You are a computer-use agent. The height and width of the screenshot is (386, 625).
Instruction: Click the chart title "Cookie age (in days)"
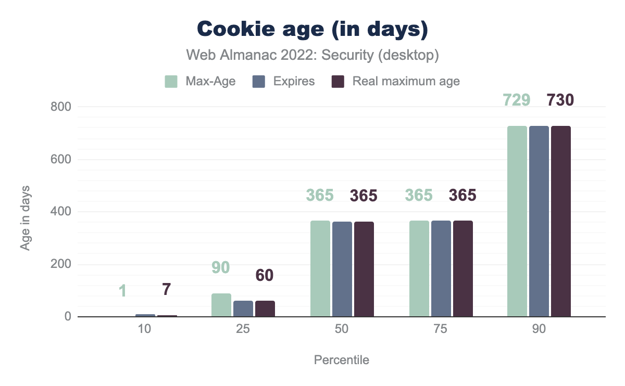(312, 29)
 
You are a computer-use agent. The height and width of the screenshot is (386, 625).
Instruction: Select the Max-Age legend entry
(200, 82)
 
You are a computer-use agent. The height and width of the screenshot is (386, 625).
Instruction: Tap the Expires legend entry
(283, 82)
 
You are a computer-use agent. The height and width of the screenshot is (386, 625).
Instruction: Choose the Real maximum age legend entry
(396, 82)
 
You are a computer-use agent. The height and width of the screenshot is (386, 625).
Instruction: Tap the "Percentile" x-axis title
(342, 360)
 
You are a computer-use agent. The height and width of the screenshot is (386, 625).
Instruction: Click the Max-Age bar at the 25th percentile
(221, 305)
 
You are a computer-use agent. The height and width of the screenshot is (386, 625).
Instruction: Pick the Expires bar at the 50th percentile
(342, 269)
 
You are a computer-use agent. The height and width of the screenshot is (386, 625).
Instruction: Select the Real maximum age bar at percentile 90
(561, 221)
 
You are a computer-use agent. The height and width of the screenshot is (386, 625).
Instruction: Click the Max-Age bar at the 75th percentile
(419, 268)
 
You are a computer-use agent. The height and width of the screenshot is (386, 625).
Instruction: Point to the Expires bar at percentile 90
(539, 221)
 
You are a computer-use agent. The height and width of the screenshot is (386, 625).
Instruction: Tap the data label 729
(517, 100)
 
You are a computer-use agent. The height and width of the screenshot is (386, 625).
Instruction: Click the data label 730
(560, 100)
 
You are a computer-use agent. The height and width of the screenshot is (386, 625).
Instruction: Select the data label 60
(265, 276)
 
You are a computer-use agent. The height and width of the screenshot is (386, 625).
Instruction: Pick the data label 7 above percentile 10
(166, 290)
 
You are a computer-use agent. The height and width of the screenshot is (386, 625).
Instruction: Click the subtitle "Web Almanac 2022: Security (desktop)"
(312, 55)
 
